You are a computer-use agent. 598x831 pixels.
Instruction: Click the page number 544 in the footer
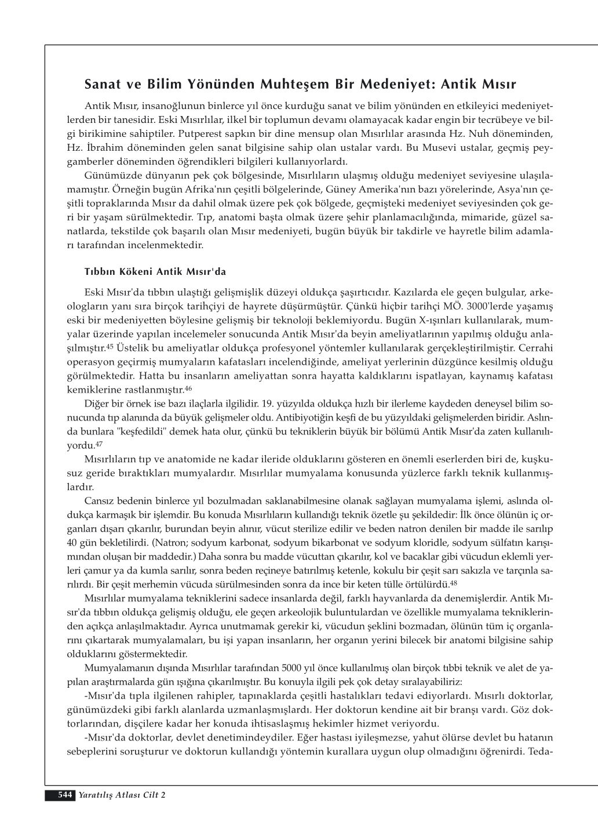coord(64,795)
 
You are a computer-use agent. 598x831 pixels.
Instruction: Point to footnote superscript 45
coord(110,347)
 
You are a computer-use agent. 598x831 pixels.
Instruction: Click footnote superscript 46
coord(188,387)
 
